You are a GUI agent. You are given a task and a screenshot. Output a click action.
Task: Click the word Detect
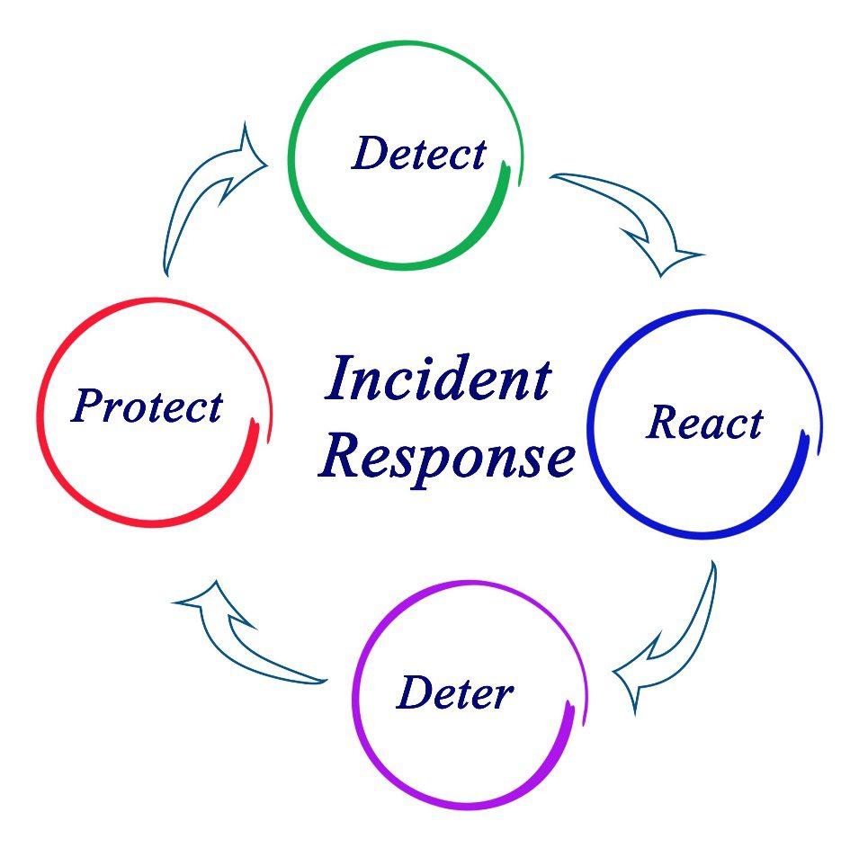coord(419,154)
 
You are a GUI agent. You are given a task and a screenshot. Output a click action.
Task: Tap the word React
coord(704,423)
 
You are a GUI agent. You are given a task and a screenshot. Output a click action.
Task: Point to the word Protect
coord(147,406)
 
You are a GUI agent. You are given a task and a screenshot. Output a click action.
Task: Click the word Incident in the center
coord(437,379)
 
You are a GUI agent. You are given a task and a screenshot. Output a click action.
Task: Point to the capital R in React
coord(663,423)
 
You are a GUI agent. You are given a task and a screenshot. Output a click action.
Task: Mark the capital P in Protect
coord(89,406)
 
